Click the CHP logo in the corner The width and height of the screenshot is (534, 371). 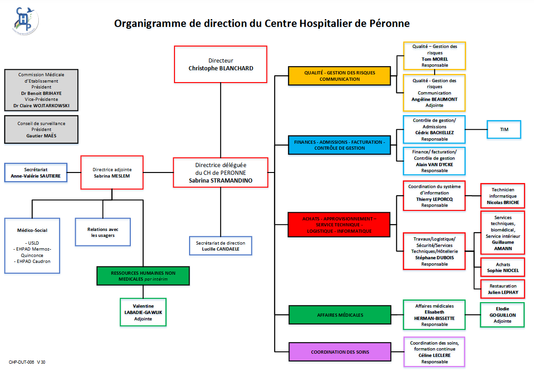click(x=25, y=21)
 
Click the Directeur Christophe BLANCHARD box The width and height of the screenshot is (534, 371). click(x=221, y=64)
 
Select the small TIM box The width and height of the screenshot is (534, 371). click(x=503, y=130)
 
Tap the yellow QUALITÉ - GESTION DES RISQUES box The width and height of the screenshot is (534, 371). click(x=339, y=76)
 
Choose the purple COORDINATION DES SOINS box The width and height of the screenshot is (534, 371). click(x=340, y=352)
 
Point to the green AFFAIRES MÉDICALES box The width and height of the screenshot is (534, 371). click(x=340, y=315)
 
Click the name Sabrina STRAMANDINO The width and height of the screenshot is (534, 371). click(x=221, y=180)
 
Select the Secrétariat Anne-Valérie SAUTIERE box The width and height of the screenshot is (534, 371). click(x=36, y=172)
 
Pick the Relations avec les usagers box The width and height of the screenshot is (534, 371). click(x=103, y=232)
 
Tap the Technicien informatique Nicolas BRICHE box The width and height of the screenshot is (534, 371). click(x=503, y=196)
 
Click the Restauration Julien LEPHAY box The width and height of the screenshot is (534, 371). click(x=503, y=289)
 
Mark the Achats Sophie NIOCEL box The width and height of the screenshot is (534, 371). click(x=503, y=267)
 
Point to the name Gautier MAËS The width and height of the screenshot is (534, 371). click(x=41, y=136)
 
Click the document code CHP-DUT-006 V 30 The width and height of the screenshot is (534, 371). click(x=27, y=362)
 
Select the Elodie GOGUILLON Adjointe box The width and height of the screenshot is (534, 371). click(x=502, y=315)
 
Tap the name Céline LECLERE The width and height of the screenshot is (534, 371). click(x=434, y=355)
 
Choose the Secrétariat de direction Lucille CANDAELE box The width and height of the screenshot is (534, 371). click(x=221, y=246)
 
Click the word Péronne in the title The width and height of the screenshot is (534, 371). click(x=388, y=23)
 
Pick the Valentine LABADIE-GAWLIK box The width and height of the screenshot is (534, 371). click(x=143, y=312)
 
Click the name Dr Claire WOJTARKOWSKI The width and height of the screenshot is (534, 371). click(x=41, y=105)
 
